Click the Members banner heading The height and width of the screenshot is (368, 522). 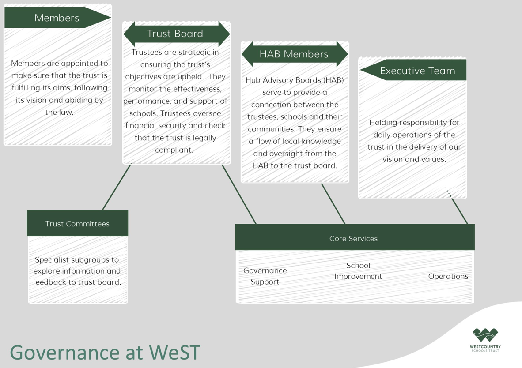[57, 18]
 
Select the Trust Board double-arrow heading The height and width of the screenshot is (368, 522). [177, 34]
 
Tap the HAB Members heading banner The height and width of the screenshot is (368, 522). [295, 54]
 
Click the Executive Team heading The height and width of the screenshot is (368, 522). [413, 70]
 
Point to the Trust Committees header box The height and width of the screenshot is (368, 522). [78, 223]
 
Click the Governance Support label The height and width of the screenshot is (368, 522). [265, 276]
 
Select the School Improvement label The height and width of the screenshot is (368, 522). [358, 271]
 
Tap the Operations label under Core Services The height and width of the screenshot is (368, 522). [448, 276]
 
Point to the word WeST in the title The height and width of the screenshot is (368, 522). [174, 353]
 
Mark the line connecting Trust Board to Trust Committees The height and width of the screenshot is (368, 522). [117, 187]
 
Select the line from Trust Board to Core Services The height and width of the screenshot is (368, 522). [238, 194]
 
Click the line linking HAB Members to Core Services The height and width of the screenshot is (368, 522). [333, 203]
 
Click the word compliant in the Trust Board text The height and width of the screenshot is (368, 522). [174, 150]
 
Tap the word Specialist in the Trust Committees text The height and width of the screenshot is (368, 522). [52, 260]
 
